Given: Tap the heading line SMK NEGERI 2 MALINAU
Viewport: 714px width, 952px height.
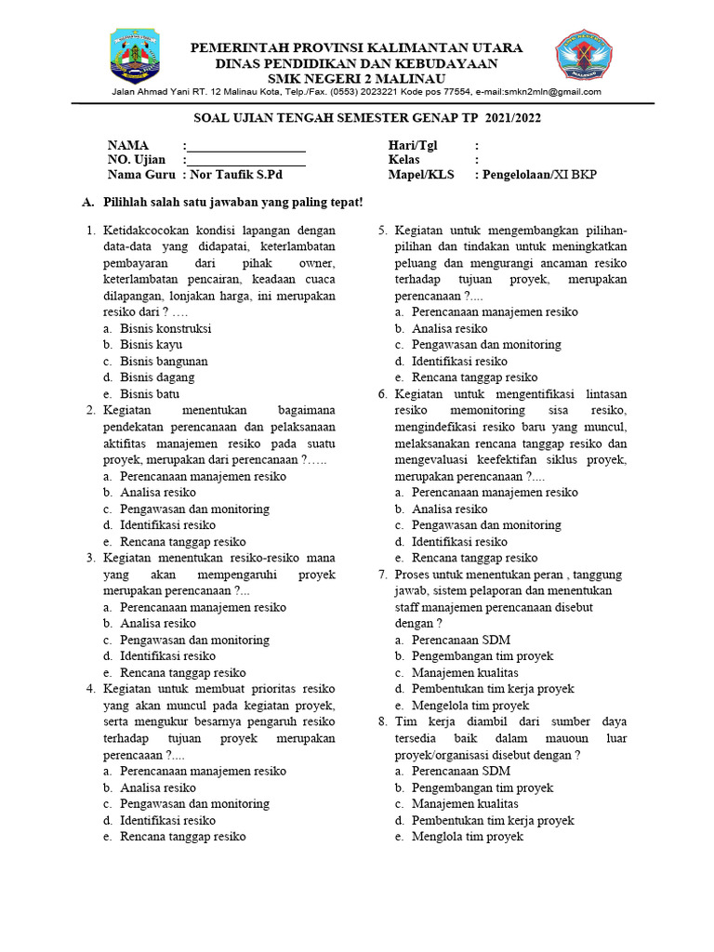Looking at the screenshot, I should [x=357, y=78].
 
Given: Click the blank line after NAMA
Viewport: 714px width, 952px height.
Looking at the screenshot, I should [x=246, y=147].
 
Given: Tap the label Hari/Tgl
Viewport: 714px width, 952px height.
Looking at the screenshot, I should [x=413, y=146].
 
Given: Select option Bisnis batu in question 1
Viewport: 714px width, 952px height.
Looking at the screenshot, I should [x=150, y=394].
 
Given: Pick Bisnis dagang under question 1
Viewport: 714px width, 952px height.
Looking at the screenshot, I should [x=157, y=377].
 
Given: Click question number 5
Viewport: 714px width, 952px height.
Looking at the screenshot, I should [x=382, y=231].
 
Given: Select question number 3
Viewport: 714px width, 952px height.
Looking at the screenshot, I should [x=91, y=558].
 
